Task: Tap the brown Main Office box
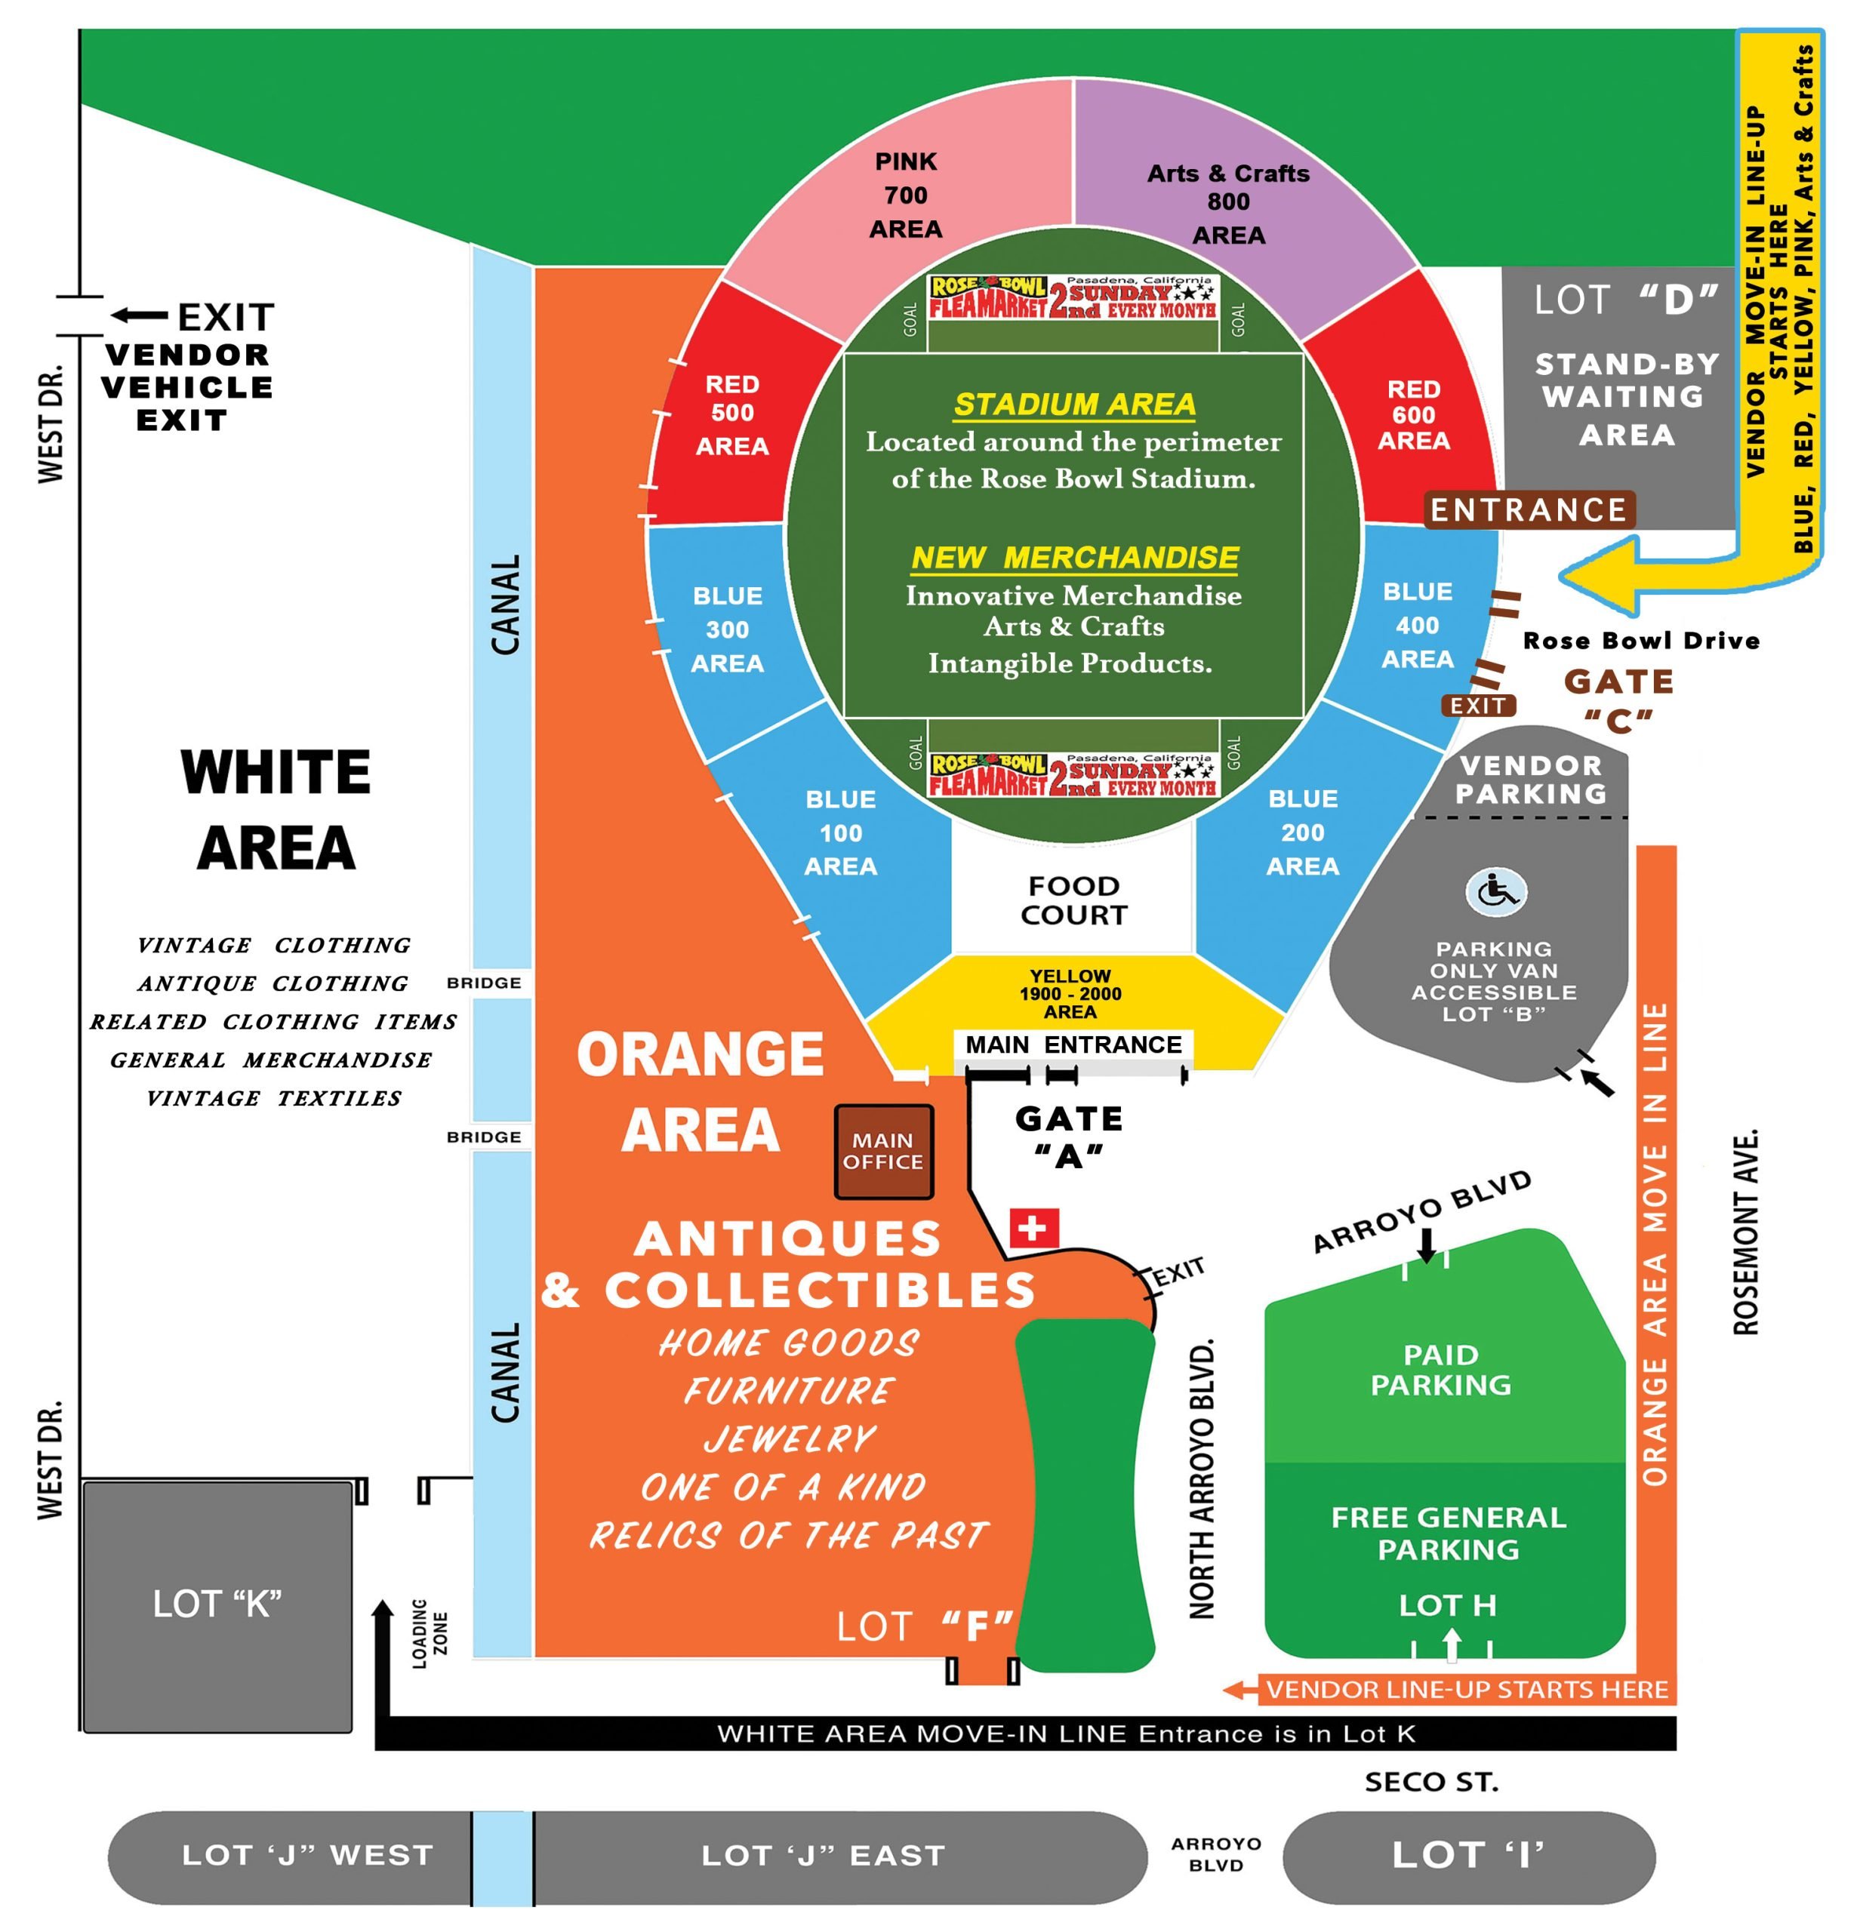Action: click(x=883, y=1152)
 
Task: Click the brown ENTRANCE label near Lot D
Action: click(x=1528, y=509)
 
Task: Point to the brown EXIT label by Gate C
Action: click(x=1477, y=706)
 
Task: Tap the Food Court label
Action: click(x=1073, y=900)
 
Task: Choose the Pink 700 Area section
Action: click(x=905, y=195)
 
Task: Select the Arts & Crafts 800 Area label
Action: click(x=1228, y=203)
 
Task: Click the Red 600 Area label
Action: click(x=1414, y=415)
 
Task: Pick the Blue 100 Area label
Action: click(x=840, y=833)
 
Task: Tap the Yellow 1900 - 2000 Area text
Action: click(x=1070, y=994)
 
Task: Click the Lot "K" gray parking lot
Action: click(x=217, y=1604)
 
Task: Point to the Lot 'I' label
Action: click(x=1467, y=1855)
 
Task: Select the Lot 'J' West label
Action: click(x=307, y=1855)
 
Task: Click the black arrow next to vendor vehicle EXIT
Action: click(x=139, y=315)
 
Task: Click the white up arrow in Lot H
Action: click(x=1451, y=1645)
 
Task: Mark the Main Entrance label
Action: click(x=1073, y=1044)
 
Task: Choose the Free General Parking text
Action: click(x=1448, y=1534)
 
